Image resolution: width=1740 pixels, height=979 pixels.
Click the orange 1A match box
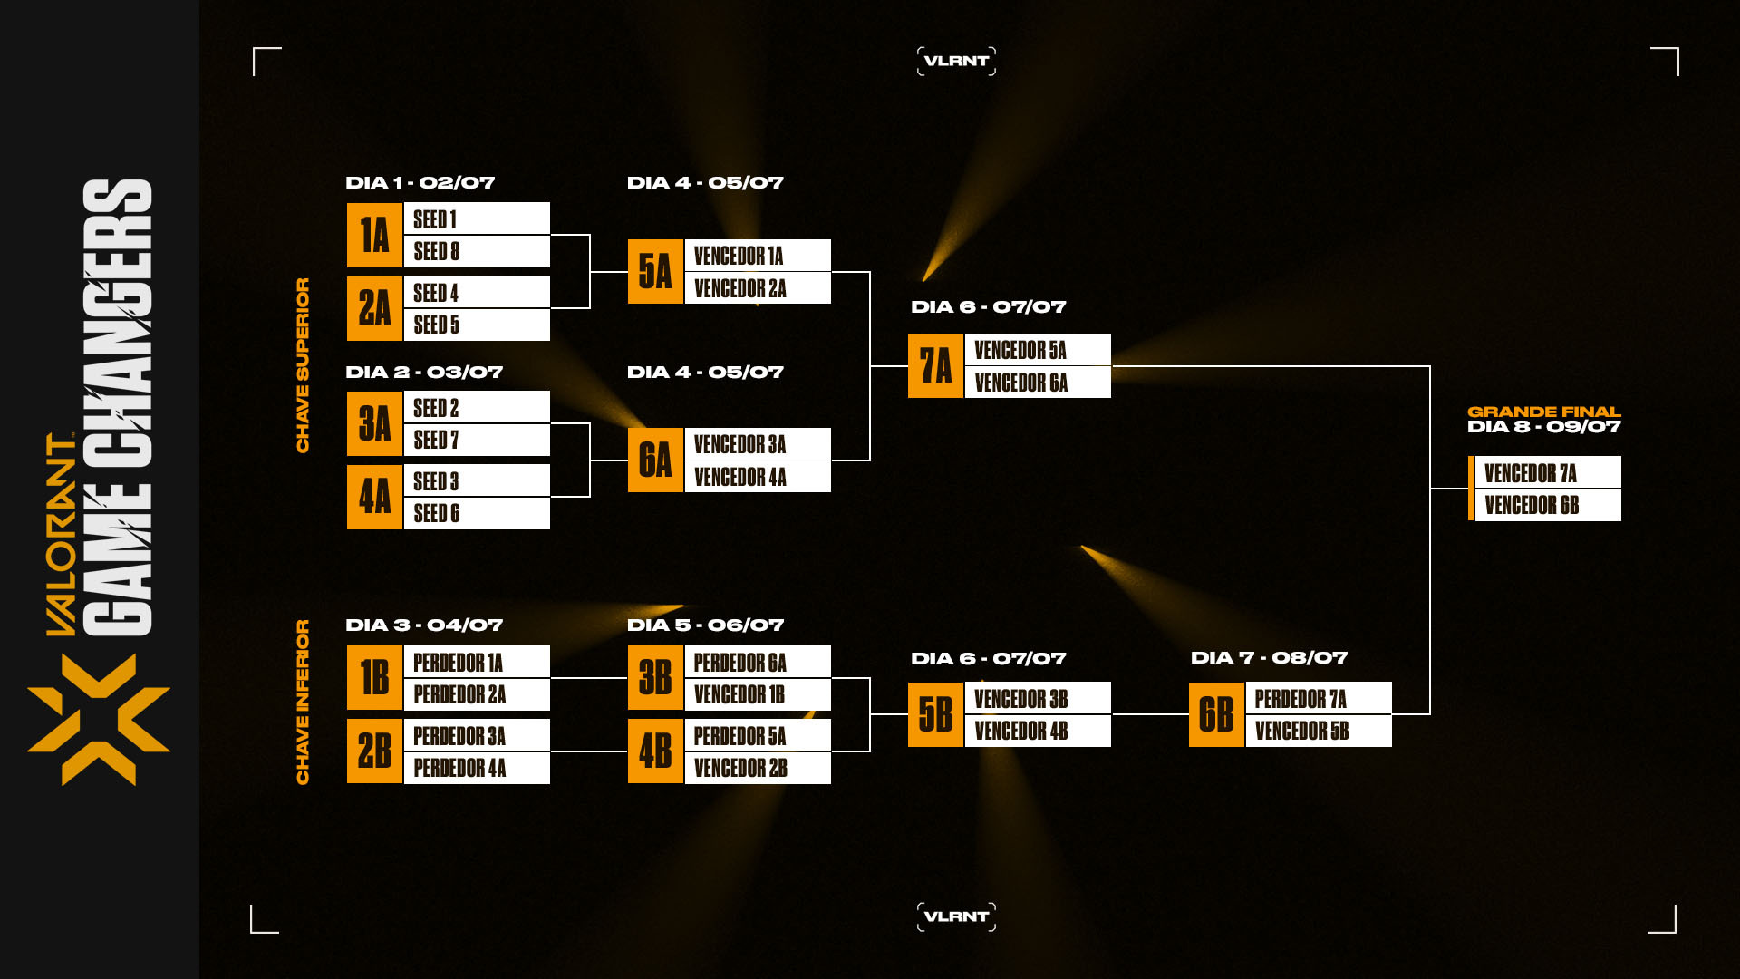click(374, 236)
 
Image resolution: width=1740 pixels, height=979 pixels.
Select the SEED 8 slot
click(476, 252)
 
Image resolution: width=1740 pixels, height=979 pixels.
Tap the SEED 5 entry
click(476, 325)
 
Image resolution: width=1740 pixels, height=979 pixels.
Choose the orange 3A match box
click(374, 423)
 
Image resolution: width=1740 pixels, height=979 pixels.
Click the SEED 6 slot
click(476, 513)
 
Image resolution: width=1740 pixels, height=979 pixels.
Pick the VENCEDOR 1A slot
click(757, 256)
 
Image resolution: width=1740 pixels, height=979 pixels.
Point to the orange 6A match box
click(655, 460)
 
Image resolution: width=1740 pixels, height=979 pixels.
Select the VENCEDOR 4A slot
click(757, 477)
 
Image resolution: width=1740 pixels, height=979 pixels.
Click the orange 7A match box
click(935, 366)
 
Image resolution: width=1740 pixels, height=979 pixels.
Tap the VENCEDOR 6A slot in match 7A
click(1037, 383)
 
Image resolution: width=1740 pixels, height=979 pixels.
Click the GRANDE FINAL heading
click(1543, 412)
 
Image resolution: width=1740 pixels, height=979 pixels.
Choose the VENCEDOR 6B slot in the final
click(1547, 506)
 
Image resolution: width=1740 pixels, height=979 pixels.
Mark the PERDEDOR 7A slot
click(1318, 699)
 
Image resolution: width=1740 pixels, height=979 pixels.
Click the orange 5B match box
click(935, 715)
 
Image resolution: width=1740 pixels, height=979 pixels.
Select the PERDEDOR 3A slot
click(476, 736)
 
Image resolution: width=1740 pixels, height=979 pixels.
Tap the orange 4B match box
click(655, 751)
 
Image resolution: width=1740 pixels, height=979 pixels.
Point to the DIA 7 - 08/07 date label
click(1269, 658)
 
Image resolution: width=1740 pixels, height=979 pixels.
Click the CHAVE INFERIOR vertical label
click(303, 702)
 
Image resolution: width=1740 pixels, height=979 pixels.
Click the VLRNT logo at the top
click(956, 61)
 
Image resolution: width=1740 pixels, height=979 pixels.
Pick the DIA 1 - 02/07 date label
click(420, 183)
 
